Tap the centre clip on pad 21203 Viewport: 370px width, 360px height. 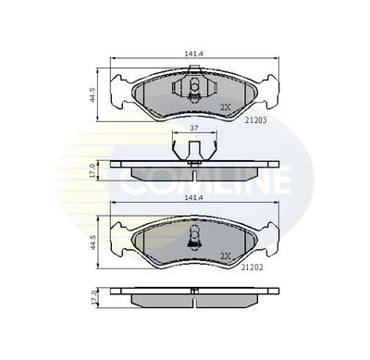pyautogui.click(x=193, y=91)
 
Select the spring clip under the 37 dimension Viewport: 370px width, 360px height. pyautogui.click(x=193, y=148)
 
